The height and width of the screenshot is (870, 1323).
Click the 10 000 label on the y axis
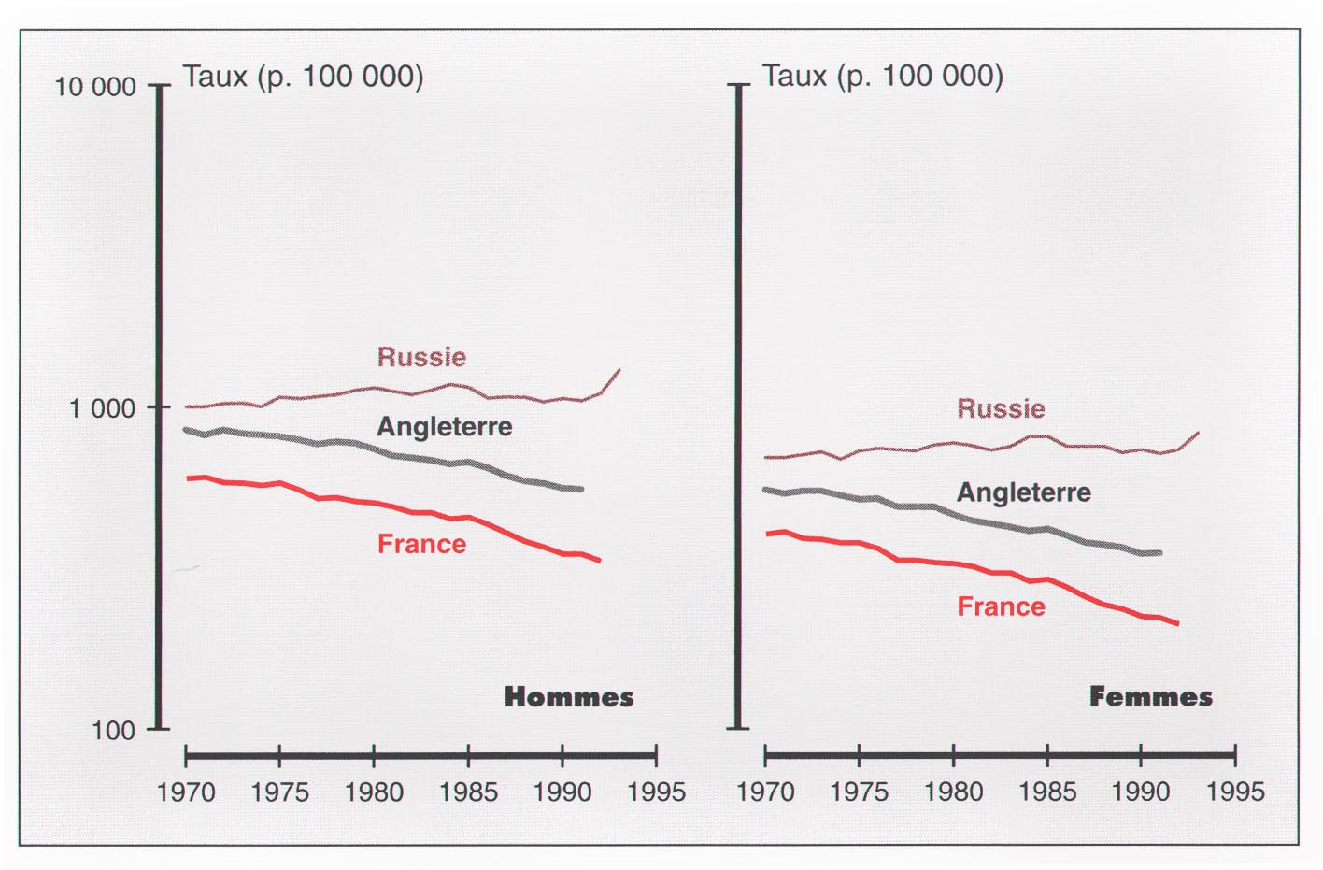pos(94,87)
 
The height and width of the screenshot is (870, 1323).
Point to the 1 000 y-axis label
pos(102,408)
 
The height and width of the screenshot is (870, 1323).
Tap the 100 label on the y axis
pos(113,730)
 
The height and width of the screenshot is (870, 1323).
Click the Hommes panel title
pos(568,697)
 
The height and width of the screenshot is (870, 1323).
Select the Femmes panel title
pos(1150,697)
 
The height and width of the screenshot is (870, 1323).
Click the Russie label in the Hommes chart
pos(421,357)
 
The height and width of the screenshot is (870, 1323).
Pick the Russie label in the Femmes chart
pos(1001,408)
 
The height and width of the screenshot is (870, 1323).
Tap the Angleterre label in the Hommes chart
pos(445,427)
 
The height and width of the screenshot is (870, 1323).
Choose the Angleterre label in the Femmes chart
pos(1024,492)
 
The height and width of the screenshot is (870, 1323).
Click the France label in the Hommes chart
pos(421,544)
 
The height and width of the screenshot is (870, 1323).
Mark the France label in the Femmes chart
pos(1001,606)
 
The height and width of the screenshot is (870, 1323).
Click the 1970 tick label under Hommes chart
pos(186,792)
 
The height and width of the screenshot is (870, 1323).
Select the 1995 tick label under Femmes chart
pos(1235,792)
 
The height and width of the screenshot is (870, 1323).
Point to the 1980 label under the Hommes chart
pos(374,792)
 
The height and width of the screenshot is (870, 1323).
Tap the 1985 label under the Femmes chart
pos(1047,792)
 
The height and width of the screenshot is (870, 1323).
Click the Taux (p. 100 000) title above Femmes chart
pos(882,76)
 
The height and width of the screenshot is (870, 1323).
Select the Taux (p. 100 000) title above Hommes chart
pos(303,76)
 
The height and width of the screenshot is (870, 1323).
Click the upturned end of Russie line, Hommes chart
pos(619,371)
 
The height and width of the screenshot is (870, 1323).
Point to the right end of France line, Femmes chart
pos(1176,623)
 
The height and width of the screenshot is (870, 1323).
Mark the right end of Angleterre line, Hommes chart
pos(581,489)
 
